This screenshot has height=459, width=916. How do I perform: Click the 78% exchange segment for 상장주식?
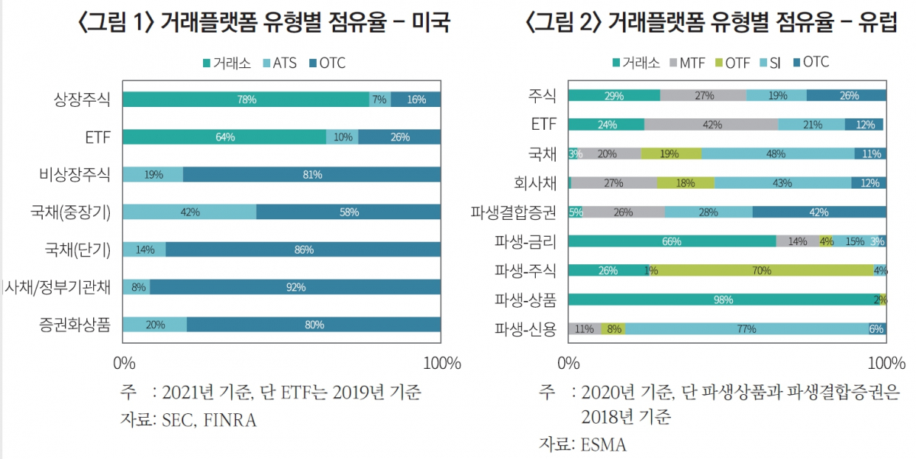click(246, 99)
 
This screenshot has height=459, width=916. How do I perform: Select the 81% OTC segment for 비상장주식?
click(311, 175)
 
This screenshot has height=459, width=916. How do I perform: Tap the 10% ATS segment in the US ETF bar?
click(342, 137)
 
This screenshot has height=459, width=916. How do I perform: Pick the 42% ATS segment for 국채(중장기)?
click(189, 212)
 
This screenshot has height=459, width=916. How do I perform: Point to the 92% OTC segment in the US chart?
click(295, 287)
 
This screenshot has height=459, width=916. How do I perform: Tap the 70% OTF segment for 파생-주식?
click(760, 270)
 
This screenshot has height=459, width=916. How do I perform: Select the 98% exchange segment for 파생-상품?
click(723, 300)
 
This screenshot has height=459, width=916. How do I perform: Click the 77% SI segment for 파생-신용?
click(746, 329)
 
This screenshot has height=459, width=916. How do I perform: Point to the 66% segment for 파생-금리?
click(672, 241)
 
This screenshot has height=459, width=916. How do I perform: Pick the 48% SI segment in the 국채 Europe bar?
click(777, 154)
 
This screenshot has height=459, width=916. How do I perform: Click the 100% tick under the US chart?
click(441, 363)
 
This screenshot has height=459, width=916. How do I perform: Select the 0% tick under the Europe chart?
click(569, 363)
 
